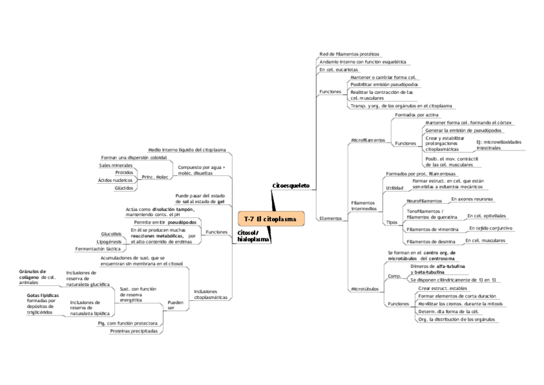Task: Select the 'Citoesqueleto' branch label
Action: (x=291, y=186)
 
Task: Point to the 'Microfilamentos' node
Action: (x=368, y=140)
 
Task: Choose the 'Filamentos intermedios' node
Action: (x=364, y=206)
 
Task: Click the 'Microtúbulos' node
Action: (x=364, y=289)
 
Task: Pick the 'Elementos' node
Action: (x=330, y=219)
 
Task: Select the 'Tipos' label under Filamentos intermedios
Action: (x=391, y=222)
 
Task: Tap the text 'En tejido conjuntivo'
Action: (x=490, y=228)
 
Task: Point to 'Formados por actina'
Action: (x=416, y=114)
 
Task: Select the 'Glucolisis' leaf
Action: (x=111, y=233)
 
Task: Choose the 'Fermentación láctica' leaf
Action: (x=98, y=248)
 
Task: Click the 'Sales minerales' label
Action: (x=115, y=165)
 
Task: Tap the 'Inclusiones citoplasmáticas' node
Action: (x=210, y=294)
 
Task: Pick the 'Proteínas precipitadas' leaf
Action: (x=133, y=332)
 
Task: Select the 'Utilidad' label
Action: (x=394, y=188)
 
